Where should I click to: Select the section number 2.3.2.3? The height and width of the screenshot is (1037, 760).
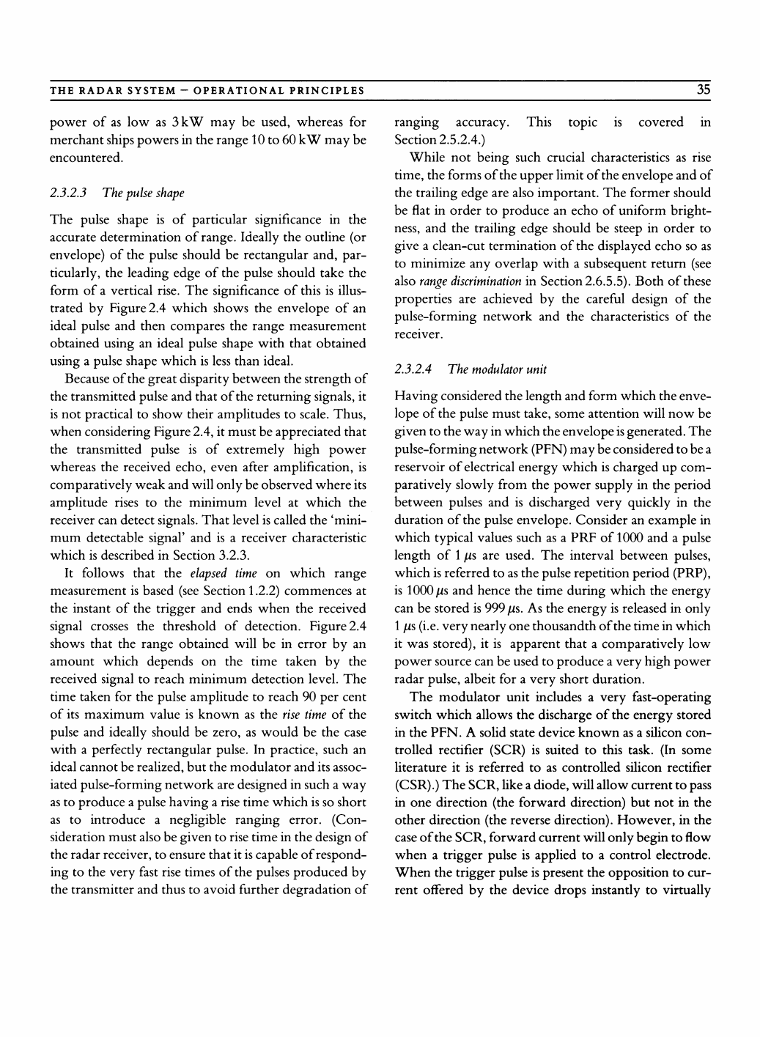pos(69,193)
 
